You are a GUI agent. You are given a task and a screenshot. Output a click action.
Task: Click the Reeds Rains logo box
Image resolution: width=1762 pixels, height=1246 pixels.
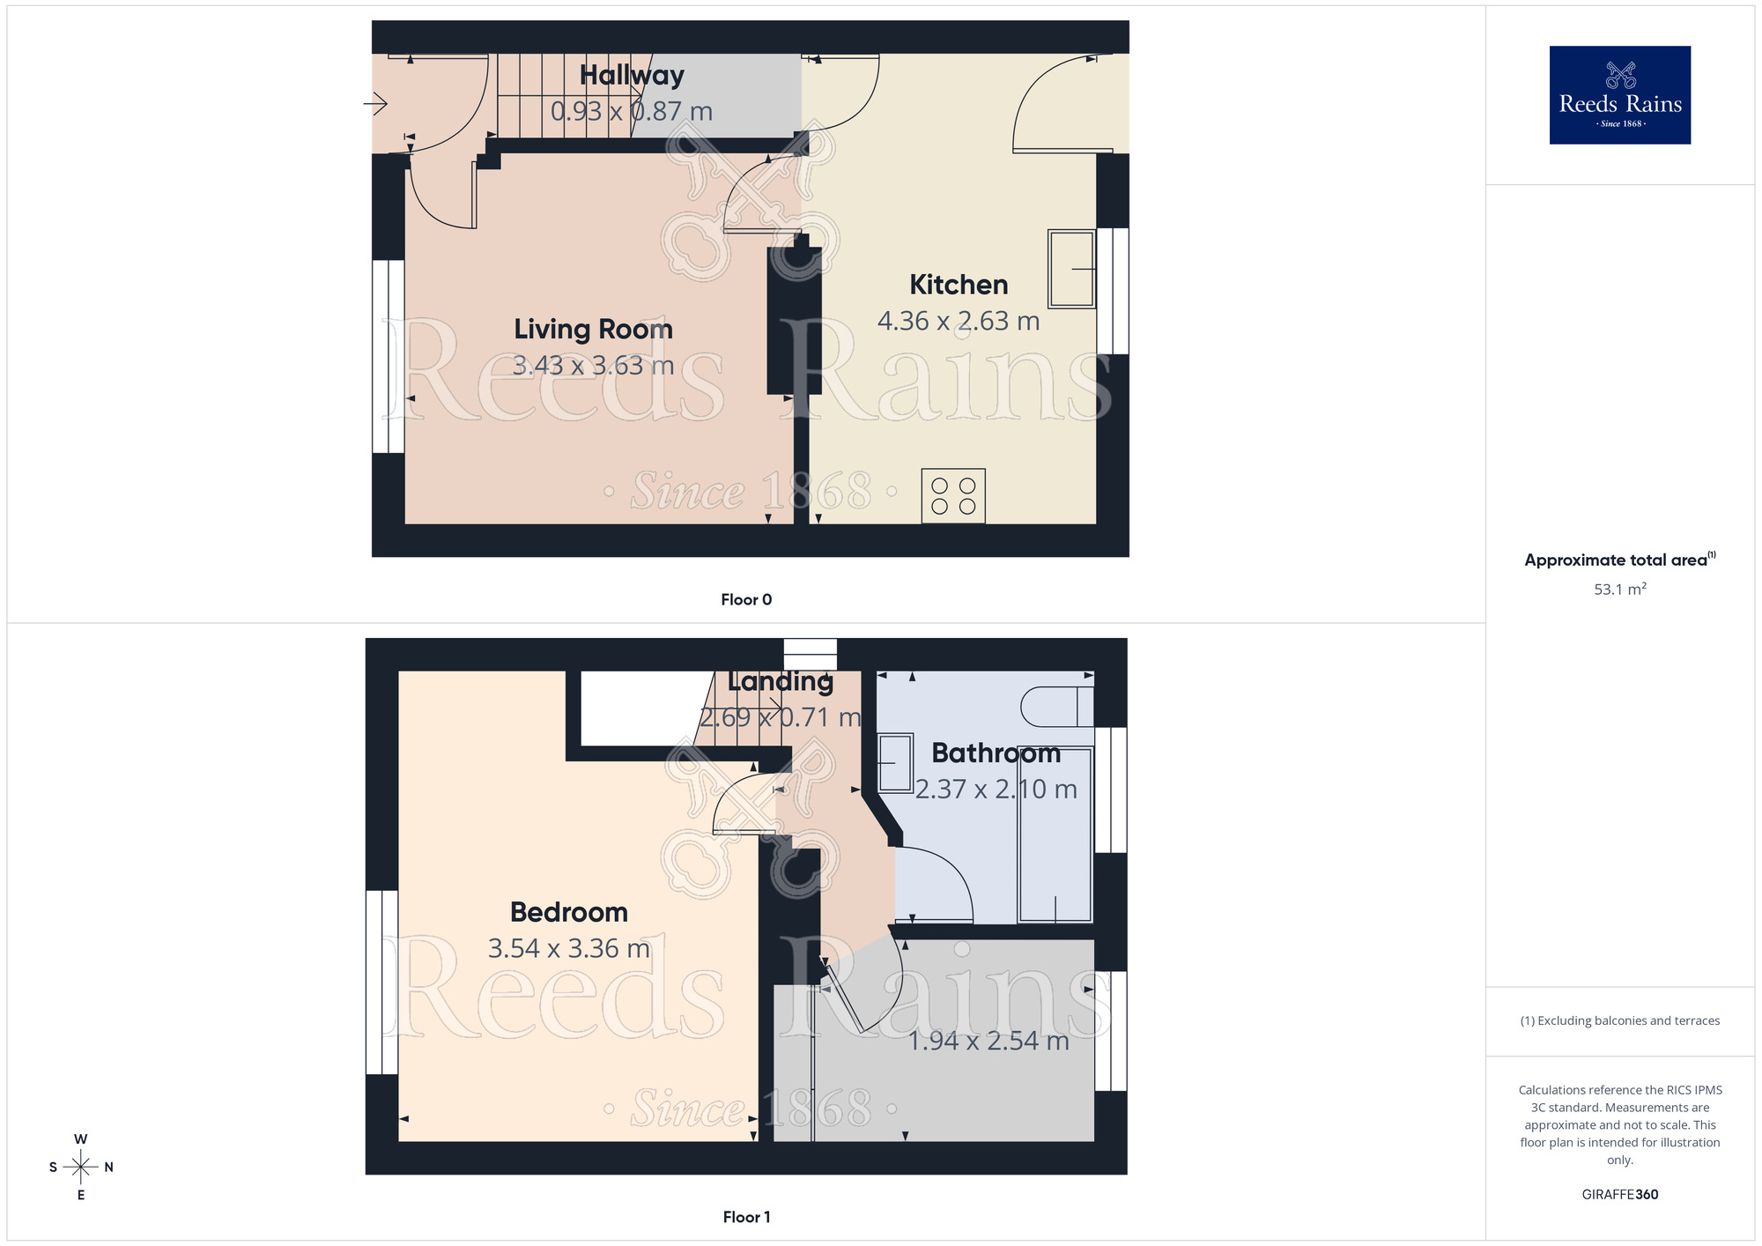tap(1619, 95)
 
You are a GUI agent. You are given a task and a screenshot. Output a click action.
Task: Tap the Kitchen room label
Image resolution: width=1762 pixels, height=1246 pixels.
tap(959, 285)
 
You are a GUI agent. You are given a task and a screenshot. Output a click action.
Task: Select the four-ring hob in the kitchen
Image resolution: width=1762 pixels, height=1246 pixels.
tap(953, 496)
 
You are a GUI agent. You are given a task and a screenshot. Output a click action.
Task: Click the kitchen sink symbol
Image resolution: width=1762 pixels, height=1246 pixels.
tap(1071, 269)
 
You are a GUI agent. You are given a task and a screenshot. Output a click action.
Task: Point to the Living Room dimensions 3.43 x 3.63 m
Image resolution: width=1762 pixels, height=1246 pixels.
tap(593, 365)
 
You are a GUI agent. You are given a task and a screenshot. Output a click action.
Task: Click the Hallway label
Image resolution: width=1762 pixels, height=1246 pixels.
tap(632, 76)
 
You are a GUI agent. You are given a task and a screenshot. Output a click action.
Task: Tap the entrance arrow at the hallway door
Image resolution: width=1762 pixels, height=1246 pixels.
tap(376, 104)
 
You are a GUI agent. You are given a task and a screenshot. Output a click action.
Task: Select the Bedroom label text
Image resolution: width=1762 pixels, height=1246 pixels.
tap(569, 912)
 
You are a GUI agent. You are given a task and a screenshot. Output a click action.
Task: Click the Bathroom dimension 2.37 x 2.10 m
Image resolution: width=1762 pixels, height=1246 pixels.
tap(996, 789)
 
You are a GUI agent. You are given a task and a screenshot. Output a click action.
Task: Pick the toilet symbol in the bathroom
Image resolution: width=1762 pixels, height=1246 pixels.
tap(1056, 707)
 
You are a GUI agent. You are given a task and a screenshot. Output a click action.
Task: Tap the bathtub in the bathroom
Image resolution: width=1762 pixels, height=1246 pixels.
tap(1055, 834)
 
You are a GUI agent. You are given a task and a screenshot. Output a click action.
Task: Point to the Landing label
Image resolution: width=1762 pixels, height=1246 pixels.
tap(781, 681)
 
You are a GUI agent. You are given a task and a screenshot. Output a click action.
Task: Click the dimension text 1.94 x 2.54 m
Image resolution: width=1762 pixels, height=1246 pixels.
tap(988, 1041)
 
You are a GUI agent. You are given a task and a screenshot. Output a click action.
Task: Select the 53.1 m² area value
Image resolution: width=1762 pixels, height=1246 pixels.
tap(1619, 590)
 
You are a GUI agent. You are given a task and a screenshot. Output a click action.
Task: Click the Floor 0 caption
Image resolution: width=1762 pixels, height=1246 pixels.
tap(746, 600)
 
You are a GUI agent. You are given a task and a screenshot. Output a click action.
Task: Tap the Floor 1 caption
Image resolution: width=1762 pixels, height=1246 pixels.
tap(746, 1217)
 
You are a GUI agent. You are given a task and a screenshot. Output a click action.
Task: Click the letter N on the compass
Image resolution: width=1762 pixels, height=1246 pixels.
tap(109, 1168)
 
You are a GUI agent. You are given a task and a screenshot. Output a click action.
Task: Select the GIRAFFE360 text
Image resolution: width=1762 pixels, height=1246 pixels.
tap(1619, 1195)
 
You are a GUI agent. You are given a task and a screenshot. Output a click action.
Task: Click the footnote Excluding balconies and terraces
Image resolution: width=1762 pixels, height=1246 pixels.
tap(1619, 1020)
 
